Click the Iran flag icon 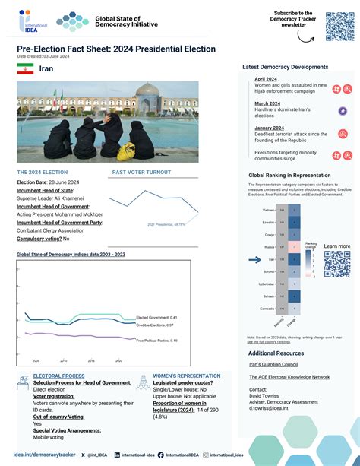[25, 69]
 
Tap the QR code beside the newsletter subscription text [339, 27]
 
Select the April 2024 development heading [266, 79]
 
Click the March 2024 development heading [267, 103]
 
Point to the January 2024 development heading [269, 128]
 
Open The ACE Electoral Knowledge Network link [289, 377]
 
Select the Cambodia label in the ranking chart [267, 309]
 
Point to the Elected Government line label [156, 317]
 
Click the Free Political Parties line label [157, 340]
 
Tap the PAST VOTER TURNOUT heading [141, 173]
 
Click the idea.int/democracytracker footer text [45, 455]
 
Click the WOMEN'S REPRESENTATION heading [186, 376]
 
